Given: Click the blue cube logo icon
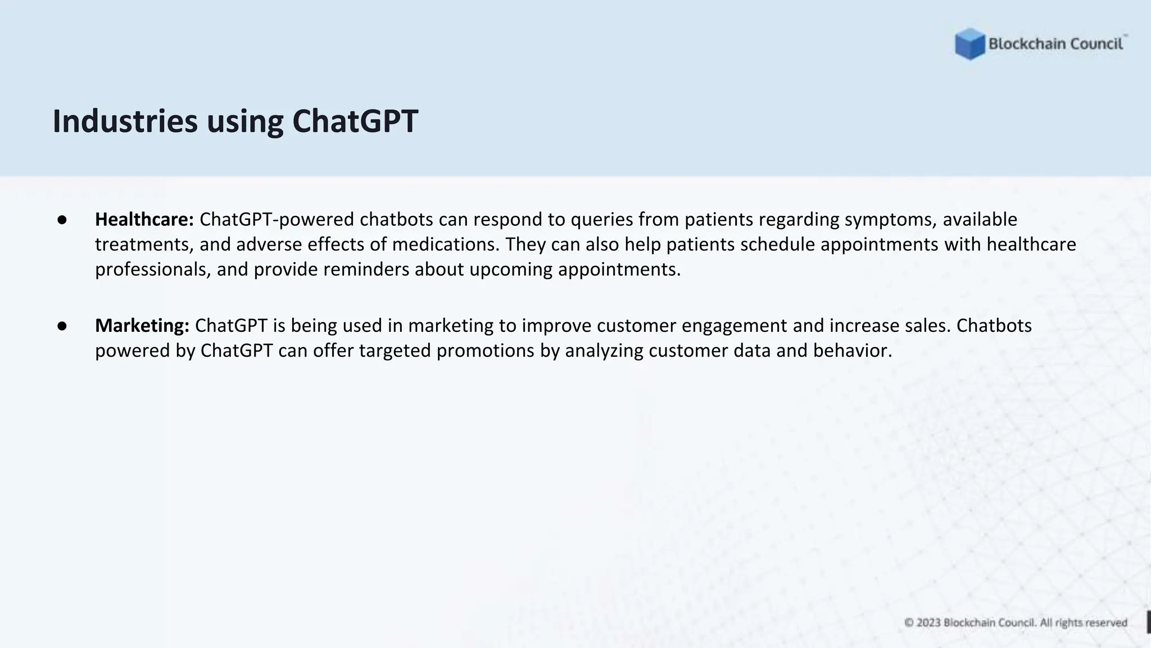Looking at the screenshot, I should (969, 44).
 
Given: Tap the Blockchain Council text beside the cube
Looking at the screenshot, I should (1055, 44).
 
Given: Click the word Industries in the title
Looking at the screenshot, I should (125, 121).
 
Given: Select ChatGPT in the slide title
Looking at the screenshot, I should (355, 121).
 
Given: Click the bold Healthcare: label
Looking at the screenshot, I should (144, 219).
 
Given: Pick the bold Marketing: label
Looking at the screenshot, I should (142, 325).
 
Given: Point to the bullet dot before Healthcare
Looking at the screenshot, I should (62, 220).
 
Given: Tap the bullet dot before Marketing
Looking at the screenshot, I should (62, 326).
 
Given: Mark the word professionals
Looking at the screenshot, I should (153, 269).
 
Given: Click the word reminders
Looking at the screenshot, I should (366, 269).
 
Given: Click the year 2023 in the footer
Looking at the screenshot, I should (928, 623).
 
